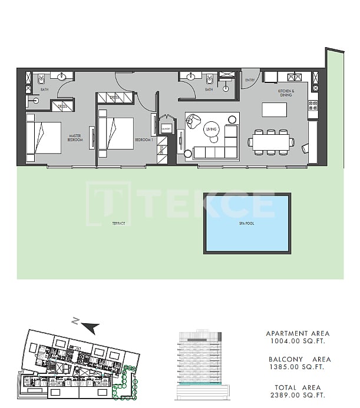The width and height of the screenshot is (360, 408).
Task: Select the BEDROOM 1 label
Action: pos(144,140)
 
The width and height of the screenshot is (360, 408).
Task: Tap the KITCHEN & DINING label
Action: pos(286,93)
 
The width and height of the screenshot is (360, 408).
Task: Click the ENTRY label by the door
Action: pos(250,81)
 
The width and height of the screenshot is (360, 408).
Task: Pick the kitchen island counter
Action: pos(274,110)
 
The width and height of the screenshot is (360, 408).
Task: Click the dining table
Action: pos(270,142)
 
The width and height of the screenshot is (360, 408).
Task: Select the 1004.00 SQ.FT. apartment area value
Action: pos(298,341)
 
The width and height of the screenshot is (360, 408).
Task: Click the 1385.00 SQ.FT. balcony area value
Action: pos(298,367)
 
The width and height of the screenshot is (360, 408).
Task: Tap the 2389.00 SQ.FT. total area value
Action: pos(298,396)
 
